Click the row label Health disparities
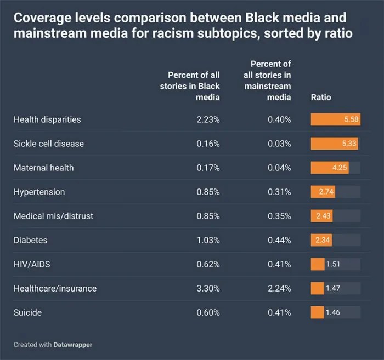click(47, 119)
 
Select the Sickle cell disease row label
click(48, 144)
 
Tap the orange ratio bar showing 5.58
click(335, 119)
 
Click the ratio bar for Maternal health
click(330, 168)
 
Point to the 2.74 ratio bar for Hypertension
click(323, 192)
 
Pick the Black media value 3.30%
click(208, 288)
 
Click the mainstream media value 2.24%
click(279, 288)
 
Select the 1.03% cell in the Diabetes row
click(208, 240)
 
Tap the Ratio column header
click(321, 98)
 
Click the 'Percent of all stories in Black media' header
click(194, 86)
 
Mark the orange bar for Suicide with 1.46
click(318, 312)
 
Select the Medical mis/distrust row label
click(53, 216)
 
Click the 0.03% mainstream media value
click(279, 144)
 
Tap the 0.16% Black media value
click(208, 144)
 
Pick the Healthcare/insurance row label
click(55, 288)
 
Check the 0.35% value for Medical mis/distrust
click(279, 216)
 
